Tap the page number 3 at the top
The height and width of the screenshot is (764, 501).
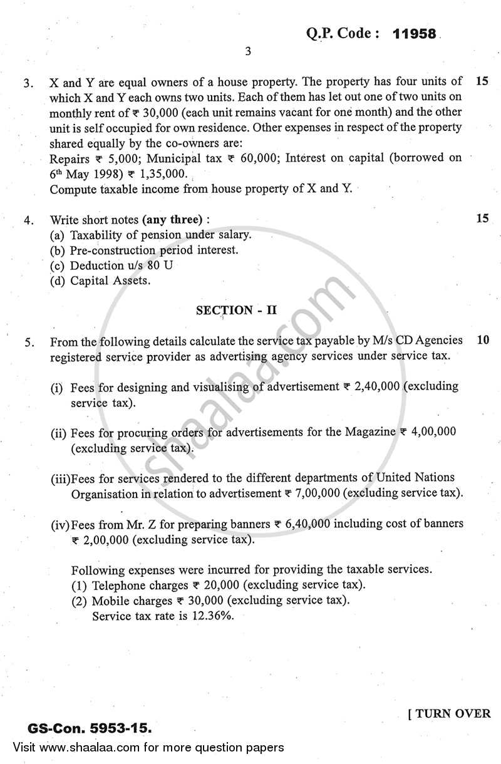248,52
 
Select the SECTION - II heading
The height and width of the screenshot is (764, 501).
236,310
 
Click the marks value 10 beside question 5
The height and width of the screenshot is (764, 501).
482,340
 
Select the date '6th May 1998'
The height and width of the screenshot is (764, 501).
87,173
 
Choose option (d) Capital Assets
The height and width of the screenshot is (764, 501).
100,281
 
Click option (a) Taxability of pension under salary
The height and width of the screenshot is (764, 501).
150,235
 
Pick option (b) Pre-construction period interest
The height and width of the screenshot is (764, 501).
144,250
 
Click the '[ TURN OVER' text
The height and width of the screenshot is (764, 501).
449,714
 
